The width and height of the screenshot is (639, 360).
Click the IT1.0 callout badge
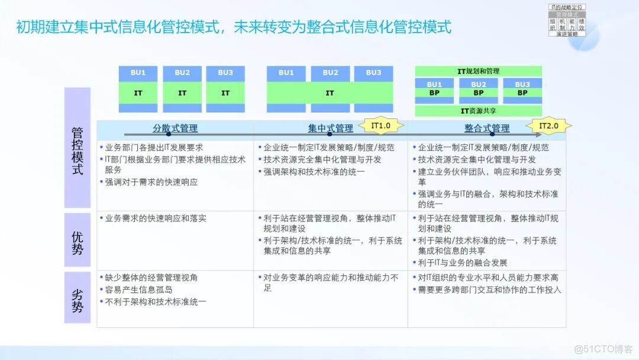coord(380,126)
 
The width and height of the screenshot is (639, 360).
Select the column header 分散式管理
coord(175,128)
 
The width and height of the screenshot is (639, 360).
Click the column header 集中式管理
coord(330,128)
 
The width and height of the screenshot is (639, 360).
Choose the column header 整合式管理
coord(486,128)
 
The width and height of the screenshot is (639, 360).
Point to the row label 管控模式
coord(78,149)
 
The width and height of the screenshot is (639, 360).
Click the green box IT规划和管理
coord(478,71)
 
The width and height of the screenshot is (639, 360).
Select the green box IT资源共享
coord(478,111)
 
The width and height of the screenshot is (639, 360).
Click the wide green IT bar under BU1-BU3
coord(330,93)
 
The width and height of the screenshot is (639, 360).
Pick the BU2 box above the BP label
coord(478,85)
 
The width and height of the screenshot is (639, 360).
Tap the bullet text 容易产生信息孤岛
coord(138,290)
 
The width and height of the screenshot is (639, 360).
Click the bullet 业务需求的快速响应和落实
coord(155,218)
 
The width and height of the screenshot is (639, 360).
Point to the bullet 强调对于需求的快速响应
coord(151,182)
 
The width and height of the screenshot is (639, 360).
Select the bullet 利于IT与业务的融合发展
coord(462,262)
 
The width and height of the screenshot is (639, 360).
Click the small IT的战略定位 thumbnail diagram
coord(566,20)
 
